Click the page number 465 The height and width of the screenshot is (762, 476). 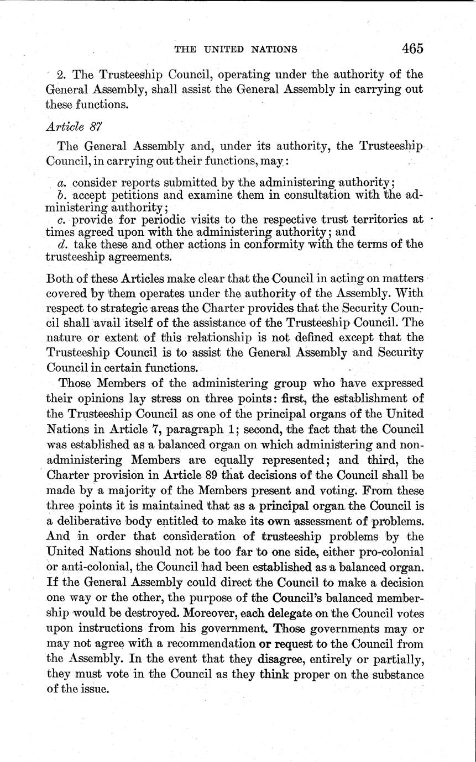[x=412, y=48]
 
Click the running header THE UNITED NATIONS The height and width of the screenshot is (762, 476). [x=236, y=49]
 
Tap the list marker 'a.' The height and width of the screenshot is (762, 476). [x=62, y=183]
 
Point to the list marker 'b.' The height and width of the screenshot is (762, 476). [x=62, y=195]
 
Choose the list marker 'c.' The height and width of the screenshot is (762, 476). [x=62, y=220]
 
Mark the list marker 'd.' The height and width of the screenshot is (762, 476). [x=62, y=244]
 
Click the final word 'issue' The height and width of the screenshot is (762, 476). [x=98, y=689]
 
